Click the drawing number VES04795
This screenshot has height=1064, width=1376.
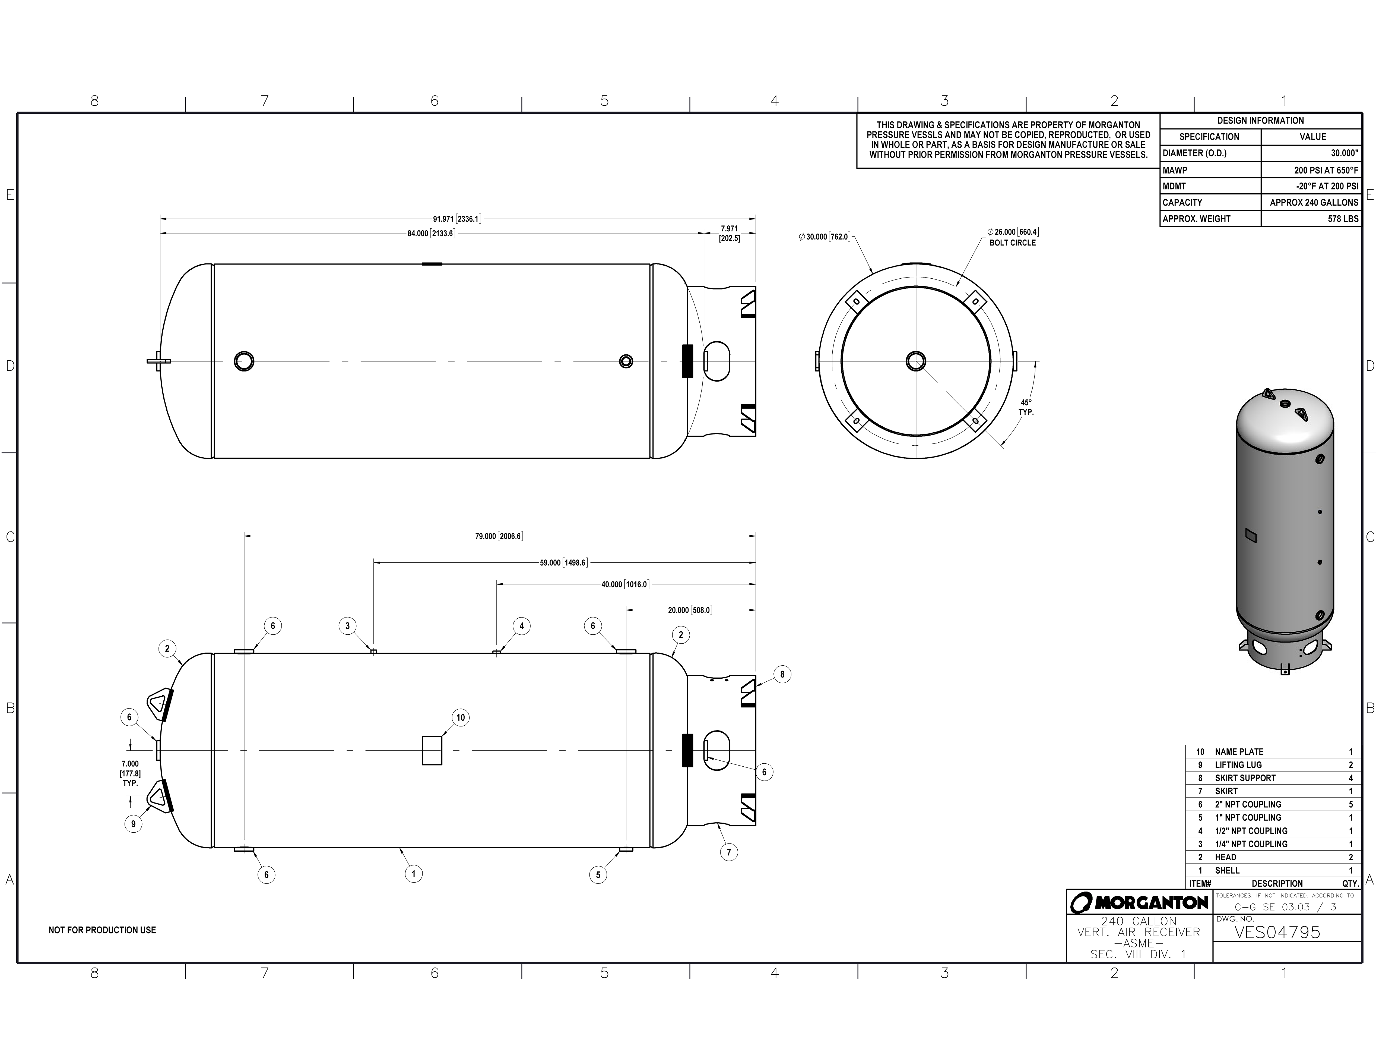point(1277,932)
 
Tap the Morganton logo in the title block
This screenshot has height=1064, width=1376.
point(1139,903)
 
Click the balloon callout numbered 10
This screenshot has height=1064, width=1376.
point(461,717)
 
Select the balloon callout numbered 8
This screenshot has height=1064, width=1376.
point(782,675)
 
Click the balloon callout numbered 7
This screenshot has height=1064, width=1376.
point(729,852)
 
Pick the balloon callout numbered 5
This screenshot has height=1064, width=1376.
point(598,874)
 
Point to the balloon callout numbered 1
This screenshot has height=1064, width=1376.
point(413,874)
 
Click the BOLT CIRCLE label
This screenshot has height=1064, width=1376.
point(1013,243)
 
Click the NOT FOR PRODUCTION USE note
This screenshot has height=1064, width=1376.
point(102,930)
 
